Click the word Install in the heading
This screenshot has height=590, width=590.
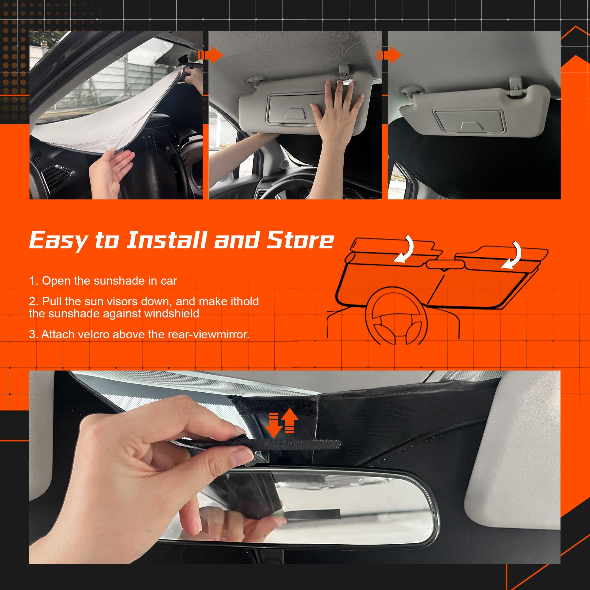tap(166, 240)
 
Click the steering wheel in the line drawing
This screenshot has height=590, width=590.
tap(396, 318)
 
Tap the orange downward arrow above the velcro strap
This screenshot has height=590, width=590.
tap(273, 425)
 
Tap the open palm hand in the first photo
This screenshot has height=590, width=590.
tap(110, 171)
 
